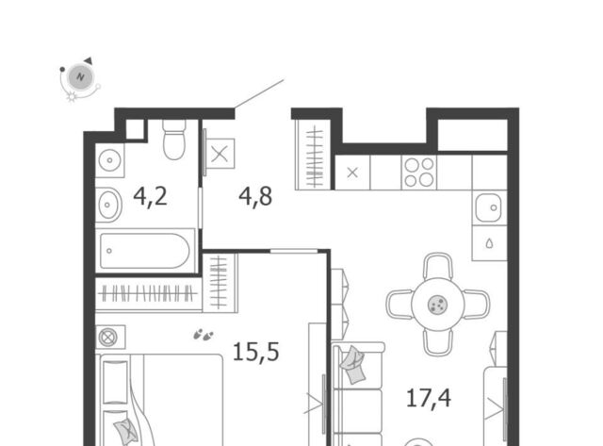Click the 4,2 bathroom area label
pos(151,196)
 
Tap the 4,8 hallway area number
pos(255,196)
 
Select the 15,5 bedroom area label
pos(256,352)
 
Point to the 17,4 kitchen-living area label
pos(429,398)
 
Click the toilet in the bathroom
pos(174,140)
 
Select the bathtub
pos(145,251)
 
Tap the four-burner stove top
pos(419,173)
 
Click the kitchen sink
pos(488,207)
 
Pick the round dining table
pos(437,305)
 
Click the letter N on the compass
pos(80,76)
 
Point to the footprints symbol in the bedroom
pos(204,335)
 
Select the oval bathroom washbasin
pos(108,205)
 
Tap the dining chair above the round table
pos(437,266)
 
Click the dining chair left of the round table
pos(399,305)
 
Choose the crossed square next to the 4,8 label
pos(220,154)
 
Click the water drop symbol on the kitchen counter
pos(489,243)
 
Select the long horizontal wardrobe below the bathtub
pos(149,293)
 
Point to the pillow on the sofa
pos(352,364)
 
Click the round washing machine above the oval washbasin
pos(109,159)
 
